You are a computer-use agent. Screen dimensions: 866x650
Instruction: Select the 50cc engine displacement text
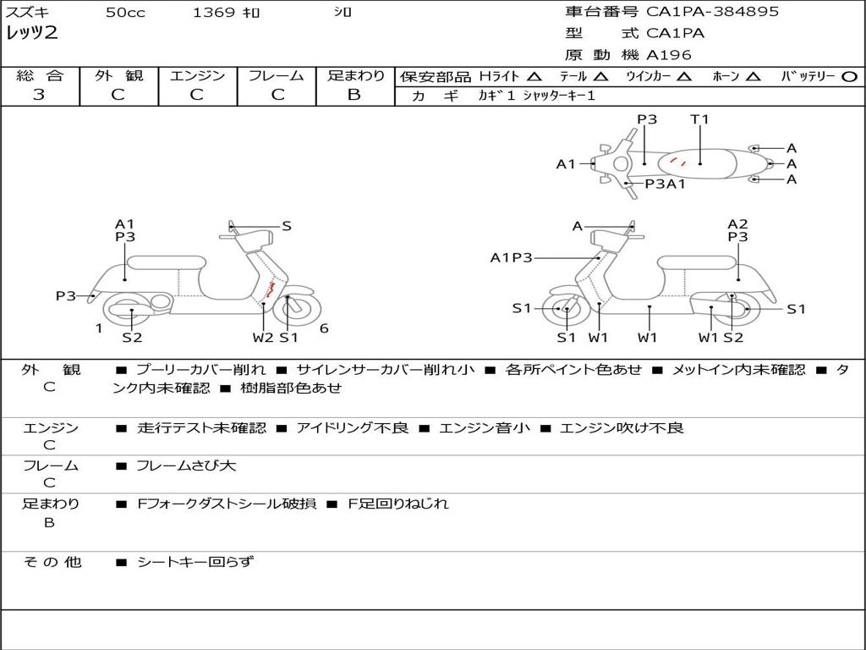pyautogui.click(x=125, y=13)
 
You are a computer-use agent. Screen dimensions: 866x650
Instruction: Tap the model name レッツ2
pyautogui.click(x=31, y=33)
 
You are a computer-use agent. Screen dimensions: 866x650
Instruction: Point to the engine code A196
pyautogui.click(x=669, y=55)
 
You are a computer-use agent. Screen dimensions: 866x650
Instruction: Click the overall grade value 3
pyautogui.click(x=39, y=95)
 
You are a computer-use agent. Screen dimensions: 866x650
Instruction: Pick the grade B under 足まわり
pyautogui.click(x=354, y=95)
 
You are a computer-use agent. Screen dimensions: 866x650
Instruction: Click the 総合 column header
pyautogui.click(x=40, y=76)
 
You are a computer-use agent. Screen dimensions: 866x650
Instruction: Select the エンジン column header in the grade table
pyautogui.click(x=197, y=76)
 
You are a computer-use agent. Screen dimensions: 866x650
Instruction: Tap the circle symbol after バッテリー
pyautogui.click(x=849, y=76)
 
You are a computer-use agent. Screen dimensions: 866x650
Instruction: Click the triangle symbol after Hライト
pyautogui.click(x=534, y=76)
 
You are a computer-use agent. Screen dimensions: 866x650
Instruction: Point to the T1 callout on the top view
pyautogui.click(x=699, y=119)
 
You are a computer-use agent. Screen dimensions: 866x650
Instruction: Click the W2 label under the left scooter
pyautogui.click(x=263, y=338)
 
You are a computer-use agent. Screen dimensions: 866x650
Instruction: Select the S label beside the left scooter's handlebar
pyautogui.click(x=287, y=226)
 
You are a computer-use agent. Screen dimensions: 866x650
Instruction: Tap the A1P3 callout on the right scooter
pyautogui.click(x=511, y=257)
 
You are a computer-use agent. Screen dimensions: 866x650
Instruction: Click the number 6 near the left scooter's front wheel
pyautogui.click(x=324, y=328)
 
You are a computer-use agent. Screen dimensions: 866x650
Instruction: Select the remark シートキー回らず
pyautogui.click(x=195, y=561)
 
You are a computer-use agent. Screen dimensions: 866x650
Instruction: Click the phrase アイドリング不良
pyautogui.click(x=352, y=428)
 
